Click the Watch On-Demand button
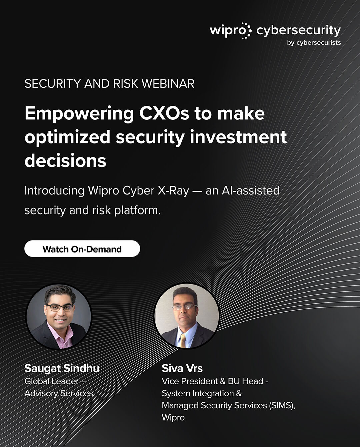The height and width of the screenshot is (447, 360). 82,249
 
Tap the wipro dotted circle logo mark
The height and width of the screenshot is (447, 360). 246,31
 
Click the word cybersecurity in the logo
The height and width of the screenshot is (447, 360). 299,31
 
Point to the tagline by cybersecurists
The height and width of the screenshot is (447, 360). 314,43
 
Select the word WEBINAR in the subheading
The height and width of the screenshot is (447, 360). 168,84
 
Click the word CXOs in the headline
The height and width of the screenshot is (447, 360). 164,113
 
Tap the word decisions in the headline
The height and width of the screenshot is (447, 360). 65,161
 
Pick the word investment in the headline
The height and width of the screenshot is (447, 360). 238,137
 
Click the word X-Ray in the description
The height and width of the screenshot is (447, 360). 173,191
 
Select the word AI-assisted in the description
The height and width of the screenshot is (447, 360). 251,190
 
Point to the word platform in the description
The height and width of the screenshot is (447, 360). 137,210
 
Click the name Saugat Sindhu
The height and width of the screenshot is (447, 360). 62,368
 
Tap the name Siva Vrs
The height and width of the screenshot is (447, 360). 182,368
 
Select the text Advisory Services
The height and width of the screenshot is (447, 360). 59,393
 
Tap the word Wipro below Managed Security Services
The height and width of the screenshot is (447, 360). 173,418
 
